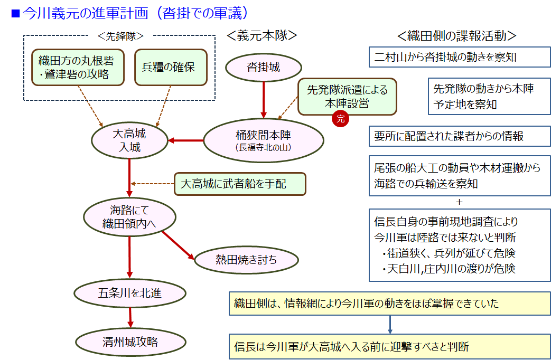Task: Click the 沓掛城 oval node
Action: click(x=264, y=68)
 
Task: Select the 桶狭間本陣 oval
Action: click(x=264, y=139)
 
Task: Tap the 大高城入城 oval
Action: click(x=129, y=140)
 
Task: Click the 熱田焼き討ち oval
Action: click(x=246, y=259)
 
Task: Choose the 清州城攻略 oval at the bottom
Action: click(x=130, y=342)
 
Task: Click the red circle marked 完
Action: click(x=340, y=119)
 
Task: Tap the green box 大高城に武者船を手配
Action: click(x=240, y=184)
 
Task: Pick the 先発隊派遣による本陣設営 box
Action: click(x=347, y=97)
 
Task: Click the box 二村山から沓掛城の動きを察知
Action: click(x=459, y=57)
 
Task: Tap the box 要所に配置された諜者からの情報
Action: click(x=459, y=136)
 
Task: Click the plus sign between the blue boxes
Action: click(x=459, y=202)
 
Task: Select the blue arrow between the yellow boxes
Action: click(x=390, y=324)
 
